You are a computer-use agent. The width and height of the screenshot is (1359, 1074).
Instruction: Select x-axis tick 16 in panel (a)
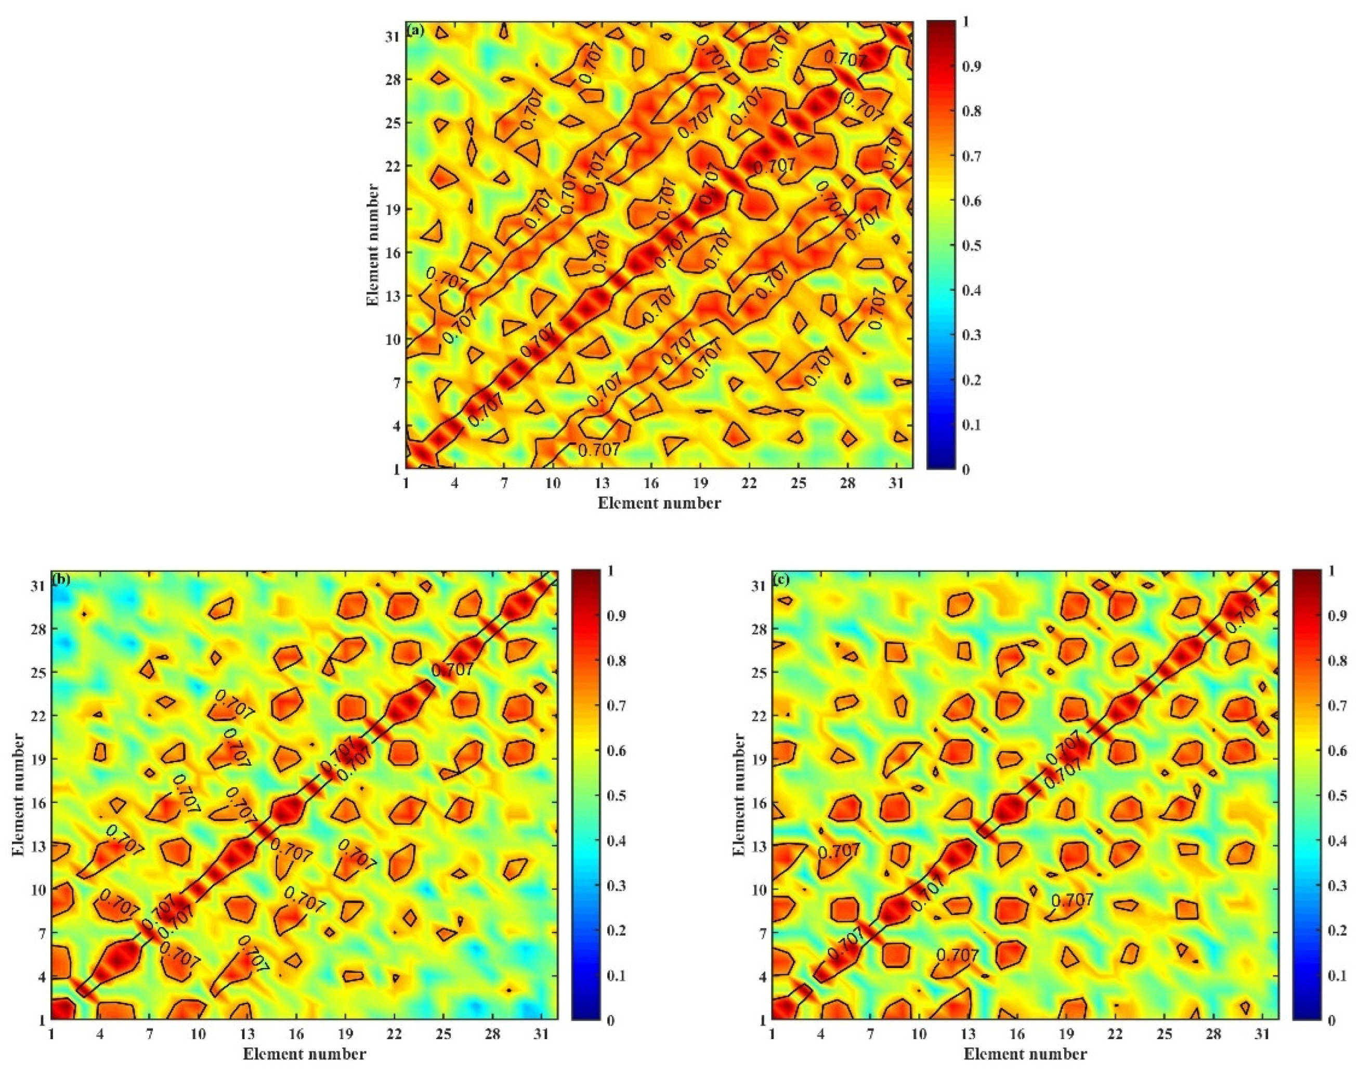tap(651, 483)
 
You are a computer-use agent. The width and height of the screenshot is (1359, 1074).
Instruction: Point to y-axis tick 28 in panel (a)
tap(393, 80)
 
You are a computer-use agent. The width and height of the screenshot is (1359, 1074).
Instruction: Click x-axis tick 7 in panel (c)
tap(870, 1034)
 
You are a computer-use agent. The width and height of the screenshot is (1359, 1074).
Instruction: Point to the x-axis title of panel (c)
tap(1025, 1054)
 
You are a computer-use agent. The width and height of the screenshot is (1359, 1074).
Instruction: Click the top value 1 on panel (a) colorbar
tap(966, 21)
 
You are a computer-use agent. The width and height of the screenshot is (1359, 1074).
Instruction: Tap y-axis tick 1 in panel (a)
tap(396, 468)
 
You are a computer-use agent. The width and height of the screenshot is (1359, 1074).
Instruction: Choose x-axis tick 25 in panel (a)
tap(798, 483)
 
